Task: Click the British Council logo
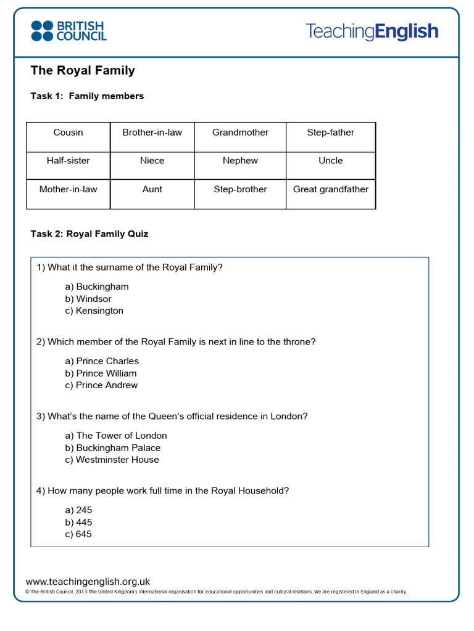tap(69, 31)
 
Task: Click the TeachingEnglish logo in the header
tap(372, 31)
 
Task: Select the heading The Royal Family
tap(83, 70)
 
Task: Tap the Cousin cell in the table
tap(68, 132)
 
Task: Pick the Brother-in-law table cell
tap(152, 132)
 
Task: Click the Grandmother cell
tap(240, 132)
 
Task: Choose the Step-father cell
tap(330, 132)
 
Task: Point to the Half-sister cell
tap(68, 161)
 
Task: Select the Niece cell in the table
tap(152, 161)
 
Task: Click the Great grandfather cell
tap(330, 190)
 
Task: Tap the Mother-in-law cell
tap(68, 190)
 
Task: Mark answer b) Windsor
tap(88, 299)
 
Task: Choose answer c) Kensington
tap(94, 311)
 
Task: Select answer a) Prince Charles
tap(102, 361)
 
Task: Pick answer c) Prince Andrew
tap(101, 385)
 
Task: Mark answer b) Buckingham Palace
tap(112, 448)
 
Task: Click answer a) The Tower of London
tap(116, 436)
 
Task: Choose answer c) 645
tap(78, 534)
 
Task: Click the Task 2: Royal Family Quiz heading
tap(89, 234)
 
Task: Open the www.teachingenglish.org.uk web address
tap(88, 581)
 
